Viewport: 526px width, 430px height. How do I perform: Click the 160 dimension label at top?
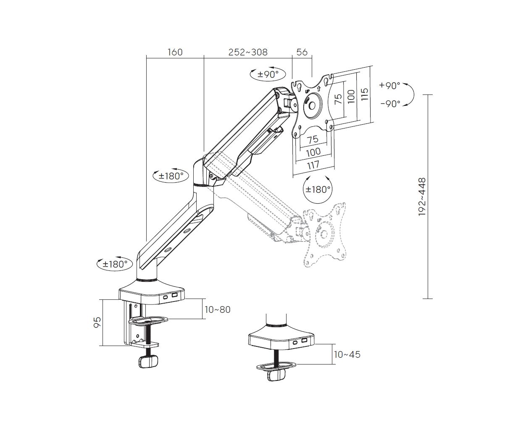click(x=175, y=52)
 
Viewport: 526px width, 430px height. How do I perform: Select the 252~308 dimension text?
click(x=248, y=52)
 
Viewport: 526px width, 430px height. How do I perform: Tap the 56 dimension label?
click(x=302, y=52)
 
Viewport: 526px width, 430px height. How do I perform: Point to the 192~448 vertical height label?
click(x=422, y=197)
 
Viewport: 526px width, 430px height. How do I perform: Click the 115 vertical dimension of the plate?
click(x=365, y=94)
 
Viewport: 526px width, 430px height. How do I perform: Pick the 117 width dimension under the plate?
click(x=313, y=165)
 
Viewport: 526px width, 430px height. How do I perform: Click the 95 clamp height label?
click(x=97, y=322)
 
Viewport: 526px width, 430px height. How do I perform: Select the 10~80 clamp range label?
click(x=218, y=309)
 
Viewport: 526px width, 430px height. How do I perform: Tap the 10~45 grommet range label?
click(x=347, y=354)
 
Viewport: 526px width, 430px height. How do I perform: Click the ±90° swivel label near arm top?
click(x=268, y=74)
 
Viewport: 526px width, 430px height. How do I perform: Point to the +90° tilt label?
click(x=389, y=86)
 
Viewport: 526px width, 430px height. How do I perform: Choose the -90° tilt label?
click(x=390, y=104)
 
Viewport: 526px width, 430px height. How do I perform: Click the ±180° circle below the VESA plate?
click(x=318, y=190)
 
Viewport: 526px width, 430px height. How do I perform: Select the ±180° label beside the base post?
click(x=115, y=264)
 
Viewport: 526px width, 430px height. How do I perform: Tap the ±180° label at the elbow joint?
click(x=171, y=176)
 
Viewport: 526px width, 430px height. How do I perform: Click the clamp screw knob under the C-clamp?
click(x=148, y=362)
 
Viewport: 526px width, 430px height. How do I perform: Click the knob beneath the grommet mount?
click(x=276, y=375)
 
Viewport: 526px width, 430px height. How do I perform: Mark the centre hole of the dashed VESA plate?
click(x=323, y=234)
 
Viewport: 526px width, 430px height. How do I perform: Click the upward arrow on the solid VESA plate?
click(x=318, y=89)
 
